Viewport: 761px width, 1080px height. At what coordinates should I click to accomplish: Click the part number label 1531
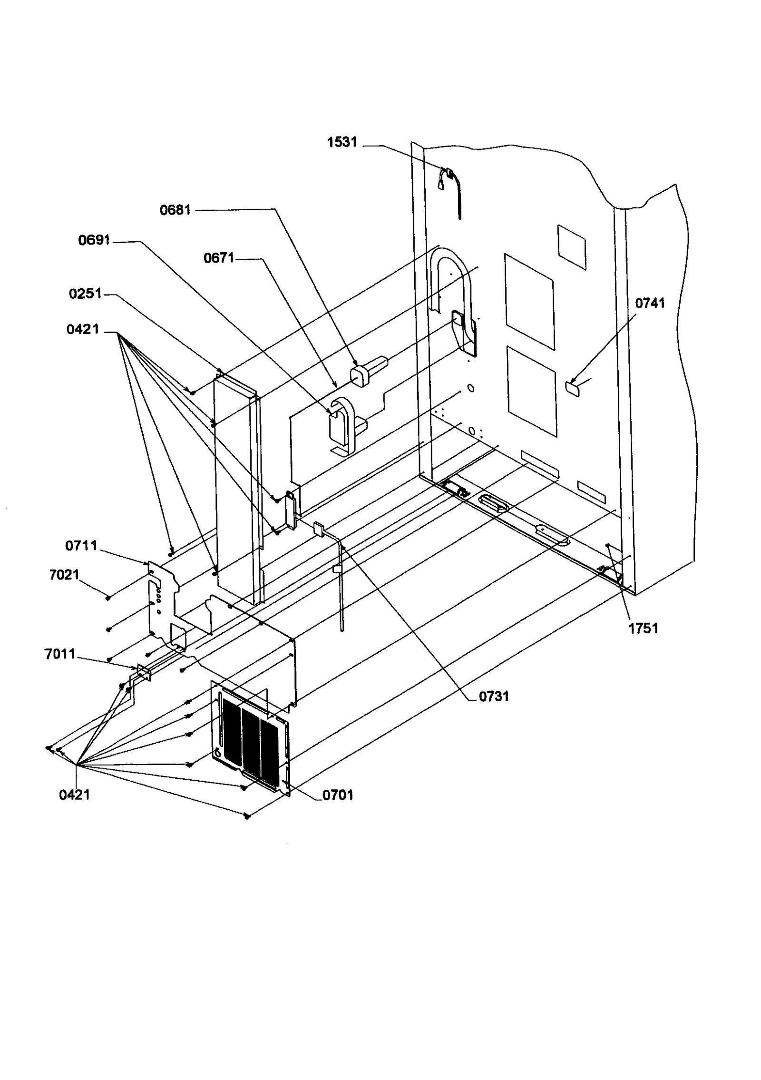[x=341, y=142]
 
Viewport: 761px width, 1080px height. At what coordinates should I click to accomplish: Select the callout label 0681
[x=175, y=210]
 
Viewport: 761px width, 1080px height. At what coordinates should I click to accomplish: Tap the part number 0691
[x=94, y=240]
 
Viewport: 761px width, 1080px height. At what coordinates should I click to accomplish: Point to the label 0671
[x=219, y=258]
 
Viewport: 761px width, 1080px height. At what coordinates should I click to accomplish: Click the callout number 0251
[x=85, y=294]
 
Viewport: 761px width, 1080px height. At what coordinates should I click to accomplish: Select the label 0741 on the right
[x=650, y=303]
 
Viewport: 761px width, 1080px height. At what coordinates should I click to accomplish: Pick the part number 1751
[x=643, y=628]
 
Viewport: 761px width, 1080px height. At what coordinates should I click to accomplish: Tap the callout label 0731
[x=493, y=697]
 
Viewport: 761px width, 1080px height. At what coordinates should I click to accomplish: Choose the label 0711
[x=81, y=546]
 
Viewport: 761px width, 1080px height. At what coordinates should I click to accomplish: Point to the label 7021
[x=64, y=575]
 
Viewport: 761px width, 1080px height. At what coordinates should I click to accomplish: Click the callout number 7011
[x=60, y=654]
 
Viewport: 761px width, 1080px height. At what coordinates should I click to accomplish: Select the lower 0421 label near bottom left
[x=74, y=795]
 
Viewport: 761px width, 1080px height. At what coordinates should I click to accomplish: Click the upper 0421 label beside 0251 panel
[x=83, y=329]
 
